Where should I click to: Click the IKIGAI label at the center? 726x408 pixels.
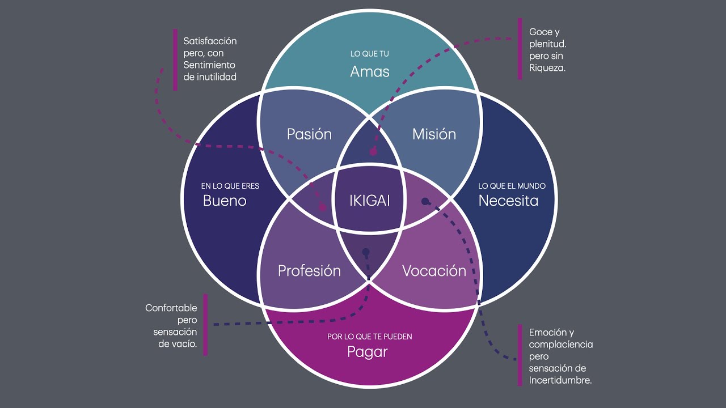pos(369,201)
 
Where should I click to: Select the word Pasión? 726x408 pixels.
pos(309,134)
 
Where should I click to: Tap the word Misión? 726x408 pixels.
pos(434,134)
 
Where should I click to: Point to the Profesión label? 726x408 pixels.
pos(309,271)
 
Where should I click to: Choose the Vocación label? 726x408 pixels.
pos(434,271)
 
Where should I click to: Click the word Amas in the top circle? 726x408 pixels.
pos(369,71)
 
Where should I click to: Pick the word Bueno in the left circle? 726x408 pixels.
pos(225,201)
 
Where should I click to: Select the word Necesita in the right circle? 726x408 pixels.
pos(508,201)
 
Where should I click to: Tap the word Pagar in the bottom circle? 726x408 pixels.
pos(368,352)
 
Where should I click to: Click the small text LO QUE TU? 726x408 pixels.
pos(369,54)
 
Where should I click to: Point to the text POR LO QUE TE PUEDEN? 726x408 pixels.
pos(369,337)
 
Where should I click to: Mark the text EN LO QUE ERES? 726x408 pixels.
pos(230,186)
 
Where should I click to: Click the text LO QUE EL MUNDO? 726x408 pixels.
pos(512,186)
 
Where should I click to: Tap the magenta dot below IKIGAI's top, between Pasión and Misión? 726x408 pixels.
pos(373,152)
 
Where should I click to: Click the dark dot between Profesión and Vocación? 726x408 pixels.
pos(366,252)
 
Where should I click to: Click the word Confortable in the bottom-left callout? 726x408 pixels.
pos(171,308)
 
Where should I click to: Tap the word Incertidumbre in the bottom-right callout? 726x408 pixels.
pos(560,381)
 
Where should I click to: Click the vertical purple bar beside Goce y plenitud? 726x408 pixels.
pos(520,49)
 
